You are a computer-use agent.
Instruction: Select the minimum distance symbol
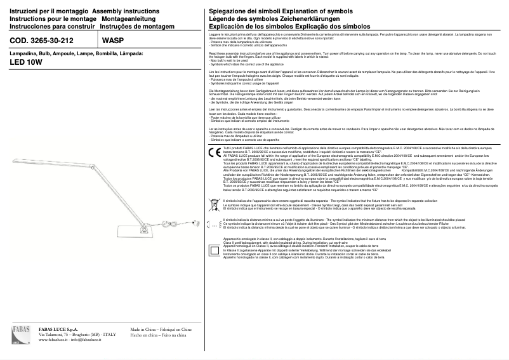click(214, 223)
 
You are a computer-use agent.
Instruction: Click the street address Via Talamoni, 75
click(60, 335)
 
